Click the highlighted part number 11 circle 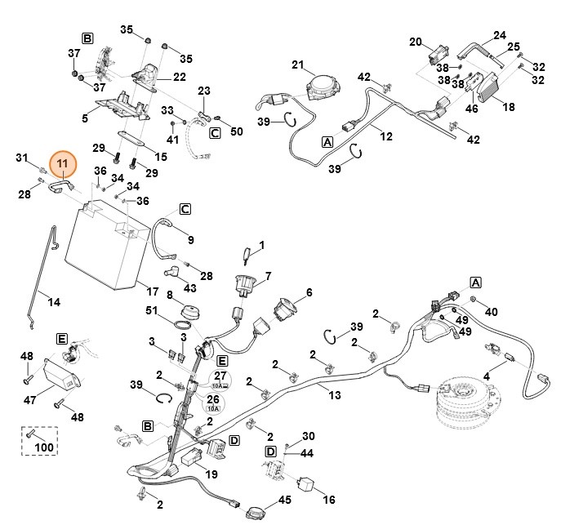tap(63, 165)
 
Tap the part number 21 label tap(297, 65)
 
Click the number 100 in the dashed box tap(44, 447)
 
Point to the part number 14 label tap(54, 302)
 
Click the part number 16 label tap(329, 500)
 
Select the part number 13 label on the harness tap(334, 395)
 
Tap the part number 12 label tap(386, 136)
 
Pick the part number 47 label tap(30, 400)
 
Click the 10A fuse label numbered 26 tap(213, 401)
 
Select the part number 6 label tap(309, 292)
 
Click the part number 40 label tap(491, 312)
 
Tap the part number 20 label tap(416, 42)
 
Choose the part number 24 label tap(500, 36)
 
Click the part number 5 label tap(85, 118)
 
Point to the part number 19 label tap(211, 474)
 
